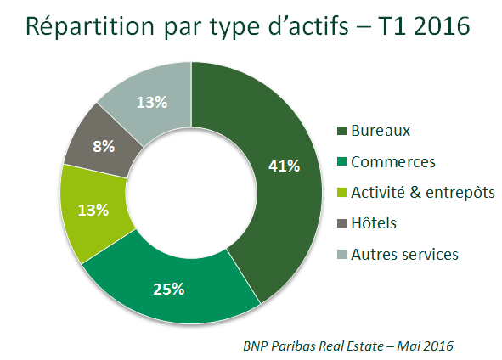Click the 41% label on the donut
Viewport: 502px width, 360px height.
coord(284,166)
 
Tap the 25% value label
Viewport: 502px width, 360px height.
coord(169,289)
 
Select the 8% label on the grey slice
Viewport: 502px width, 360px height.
coord(104,147)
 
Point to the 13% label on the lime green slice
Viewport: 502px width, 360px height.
coord(93,211)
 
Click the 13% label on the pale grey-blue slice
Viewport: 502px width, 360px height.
coord(152,103)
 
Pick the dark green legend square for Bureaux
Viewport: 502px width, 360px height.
coord(342,131)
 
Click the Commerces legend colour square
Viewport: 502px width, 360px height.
coord(342,161)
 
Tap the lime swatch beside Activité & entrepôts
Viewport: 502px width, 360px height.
coord(342,193)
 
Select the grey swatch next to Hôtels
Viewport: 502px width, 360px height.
coord(342,223)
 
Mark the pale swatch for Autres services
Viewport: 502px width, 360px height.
coord(342,255)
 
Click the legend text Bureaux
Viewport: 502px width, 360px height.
coord(381,131)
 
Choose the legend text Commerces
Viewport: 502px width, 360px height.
coord(393,161)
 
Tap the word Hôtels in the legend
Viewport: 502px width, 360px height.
coord(374,222)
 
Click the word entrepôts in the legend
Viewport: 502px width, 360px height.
coord(460,193)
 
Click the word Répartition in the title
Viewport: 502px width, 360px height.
coord(90,26)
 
